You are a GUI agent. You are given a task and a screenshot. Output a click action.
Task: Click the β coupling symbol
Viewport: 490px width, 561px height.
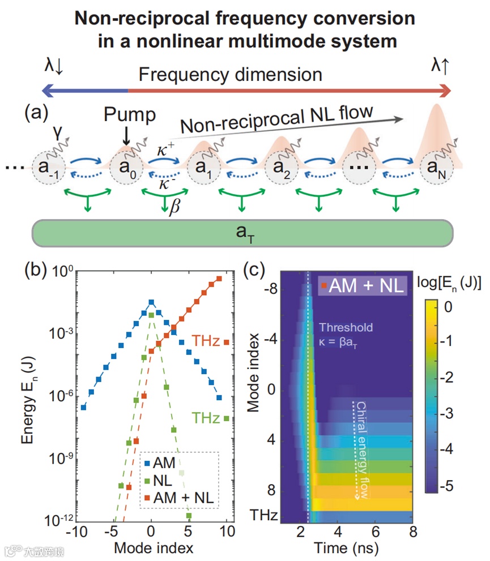pyautogui.click(x=174, y=208)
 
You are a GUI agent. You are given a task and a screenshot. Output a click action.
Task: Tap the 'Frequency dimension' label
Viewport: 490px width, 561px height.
pyautogui.click(x=231, y=74)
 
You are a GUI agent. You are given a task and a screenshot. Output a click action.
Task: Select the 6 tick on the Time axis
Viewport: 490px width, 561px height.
pyautogui.click(x=376, y=533)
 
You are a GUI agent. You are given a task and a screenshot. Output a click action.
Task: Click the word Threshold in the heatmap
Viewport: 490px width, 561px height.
pyautogui.click(x=346, y=327)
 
